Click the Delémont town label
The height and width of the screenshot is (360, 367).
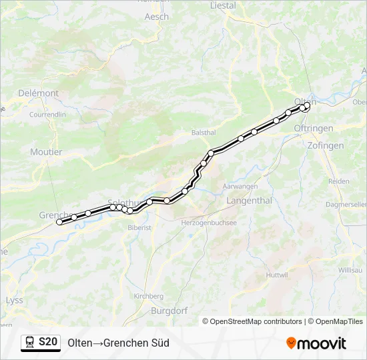pos(39,93)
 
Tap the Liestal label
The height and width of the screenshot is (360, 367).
pos(223,5)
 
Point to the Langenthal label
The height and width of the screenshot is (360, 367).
pos(249,200)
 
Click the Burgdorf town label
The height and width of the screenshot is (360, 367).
pos(169,311)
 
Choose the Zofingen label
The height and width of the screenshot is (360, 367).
pos(326,145)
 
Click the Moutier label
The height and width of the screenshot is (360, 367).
pos(46,152)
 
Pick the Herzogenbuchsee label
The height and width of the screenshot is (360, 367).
pos(209,223)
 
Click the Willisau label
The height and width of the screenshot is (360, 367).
pos(350,270)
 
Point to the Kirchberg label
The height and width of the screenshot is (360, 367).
pos(148,296)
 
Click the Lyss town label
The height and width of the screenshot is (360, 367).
pos(14,300)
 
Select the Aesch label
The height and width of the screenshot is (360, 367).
pos(157,17)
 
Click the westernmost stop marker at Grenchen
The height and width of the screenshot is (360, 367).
pos(59,222)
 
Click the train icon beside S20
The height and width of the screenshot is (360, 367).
pos(30,343)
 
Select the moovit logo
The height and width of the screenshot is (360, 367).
pos(316,343)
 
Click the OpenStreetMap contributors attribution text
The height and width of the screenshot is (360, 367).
pos(252,321)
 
